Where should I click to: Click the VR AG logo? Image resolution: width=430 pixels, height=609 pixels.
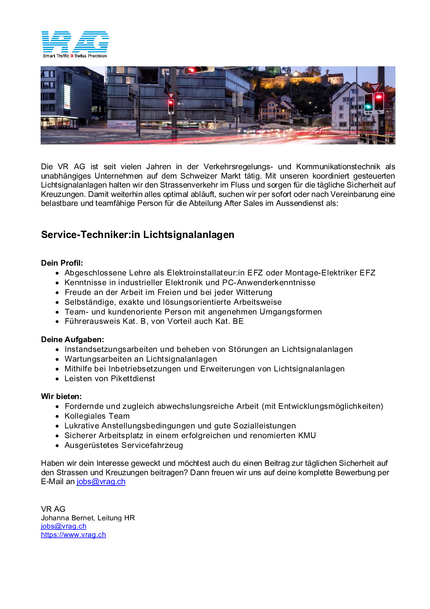tap(75, 41)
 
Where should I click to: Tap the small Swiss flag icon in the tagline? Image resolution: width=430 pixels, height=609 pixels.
tap(72, 56)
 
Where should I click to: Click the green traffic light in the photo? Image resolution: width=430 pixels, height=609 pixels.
tap(369, 107)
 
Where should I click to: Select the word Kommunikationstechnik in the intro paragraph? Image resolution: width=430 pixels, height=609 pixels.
tap(338, 167)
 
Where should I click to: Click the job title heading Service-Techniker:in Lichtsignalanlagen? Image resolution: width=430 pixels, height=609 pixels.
tap(137, 235)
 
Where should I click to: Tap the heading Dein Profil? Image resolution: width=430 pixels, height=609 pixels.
tap(62, 263)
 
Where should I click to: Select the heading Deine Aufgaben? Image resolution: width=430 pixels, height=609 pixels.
tap(72, 340)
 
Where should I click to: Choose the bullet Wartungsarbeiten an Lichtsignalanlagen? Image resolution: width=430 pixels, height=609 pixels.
tap(141, 359)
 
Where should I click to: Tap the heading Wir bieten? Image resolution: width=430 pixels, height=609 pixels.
tap(61, 397)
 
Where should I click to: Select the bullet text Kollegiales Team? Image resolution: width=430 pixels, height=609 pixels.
tap(97, 416)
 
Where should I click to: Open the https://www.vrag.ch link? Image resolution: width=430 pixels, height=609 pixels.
tap(73, 535)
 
